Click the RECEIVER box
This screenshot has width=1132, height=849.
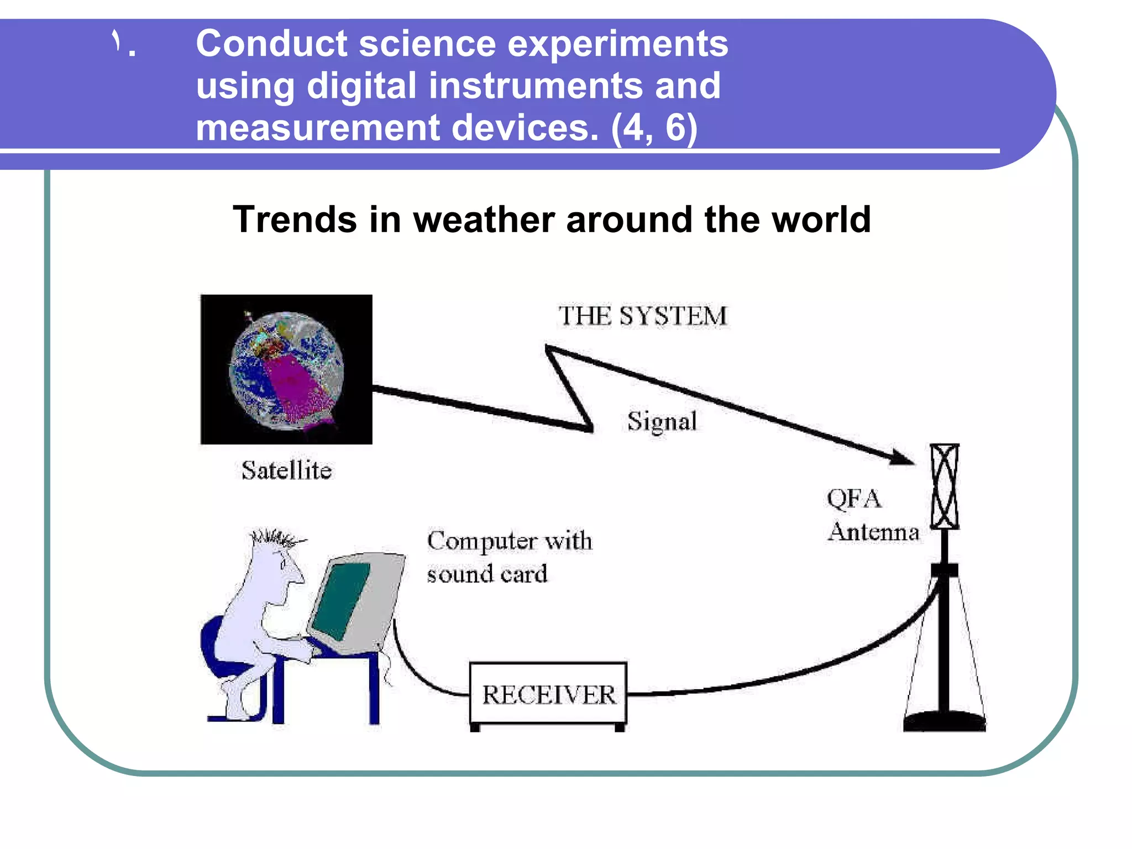coord(548,694)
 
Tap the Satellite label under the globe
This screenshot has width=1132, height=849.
coord(286,470)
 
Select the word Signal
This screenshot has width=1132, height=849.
coord(662,422)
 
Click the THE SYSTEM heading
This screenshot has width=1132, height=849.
coord(642,316)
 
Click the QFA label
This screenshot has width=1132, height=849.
coord(853,499)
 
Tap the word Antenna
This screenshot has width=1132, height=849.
coord(873,532)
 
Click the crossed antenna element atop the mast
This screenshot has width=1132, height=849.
coord(944,486)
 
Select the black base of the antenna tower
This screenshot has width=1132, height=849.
coord(944,722)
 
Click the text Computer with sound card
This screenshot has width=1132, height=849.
coord(509,557)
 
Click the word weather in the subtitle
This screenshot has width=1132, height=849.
coord(483,219)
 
